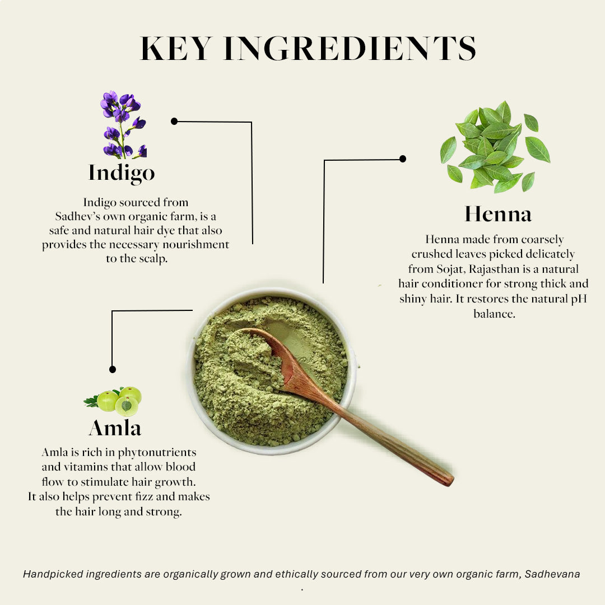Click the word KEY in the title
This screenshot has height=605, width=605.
point(176,48)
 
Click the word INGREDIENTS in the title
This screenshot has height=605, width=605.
point(350,48)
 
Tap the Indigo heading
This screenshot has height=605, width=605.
point(122,173)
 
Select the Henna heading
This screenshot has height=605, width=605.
point(498,214)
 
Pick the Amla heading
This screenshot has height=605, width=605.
point(115,428)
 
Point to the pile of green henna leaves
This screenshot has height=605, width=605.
point(495,147)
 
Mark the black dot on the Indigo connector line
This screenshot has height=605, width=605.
point(174,121)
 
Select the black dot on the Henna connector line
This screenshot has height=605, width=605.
point(402,159)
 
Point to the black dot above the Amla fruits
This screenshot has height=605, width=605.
point(112,369)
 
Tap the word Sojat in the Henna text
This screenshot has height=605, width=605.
point(450,269)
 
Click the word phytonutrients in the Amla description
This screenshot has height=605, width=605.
point(157,453)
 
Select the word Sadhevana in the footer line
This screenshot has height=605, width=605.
point(552,574)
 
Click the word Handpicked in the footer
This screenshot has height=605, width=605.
point(53,575)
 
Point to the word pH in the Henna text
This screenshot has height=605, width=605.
point(579,299)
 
